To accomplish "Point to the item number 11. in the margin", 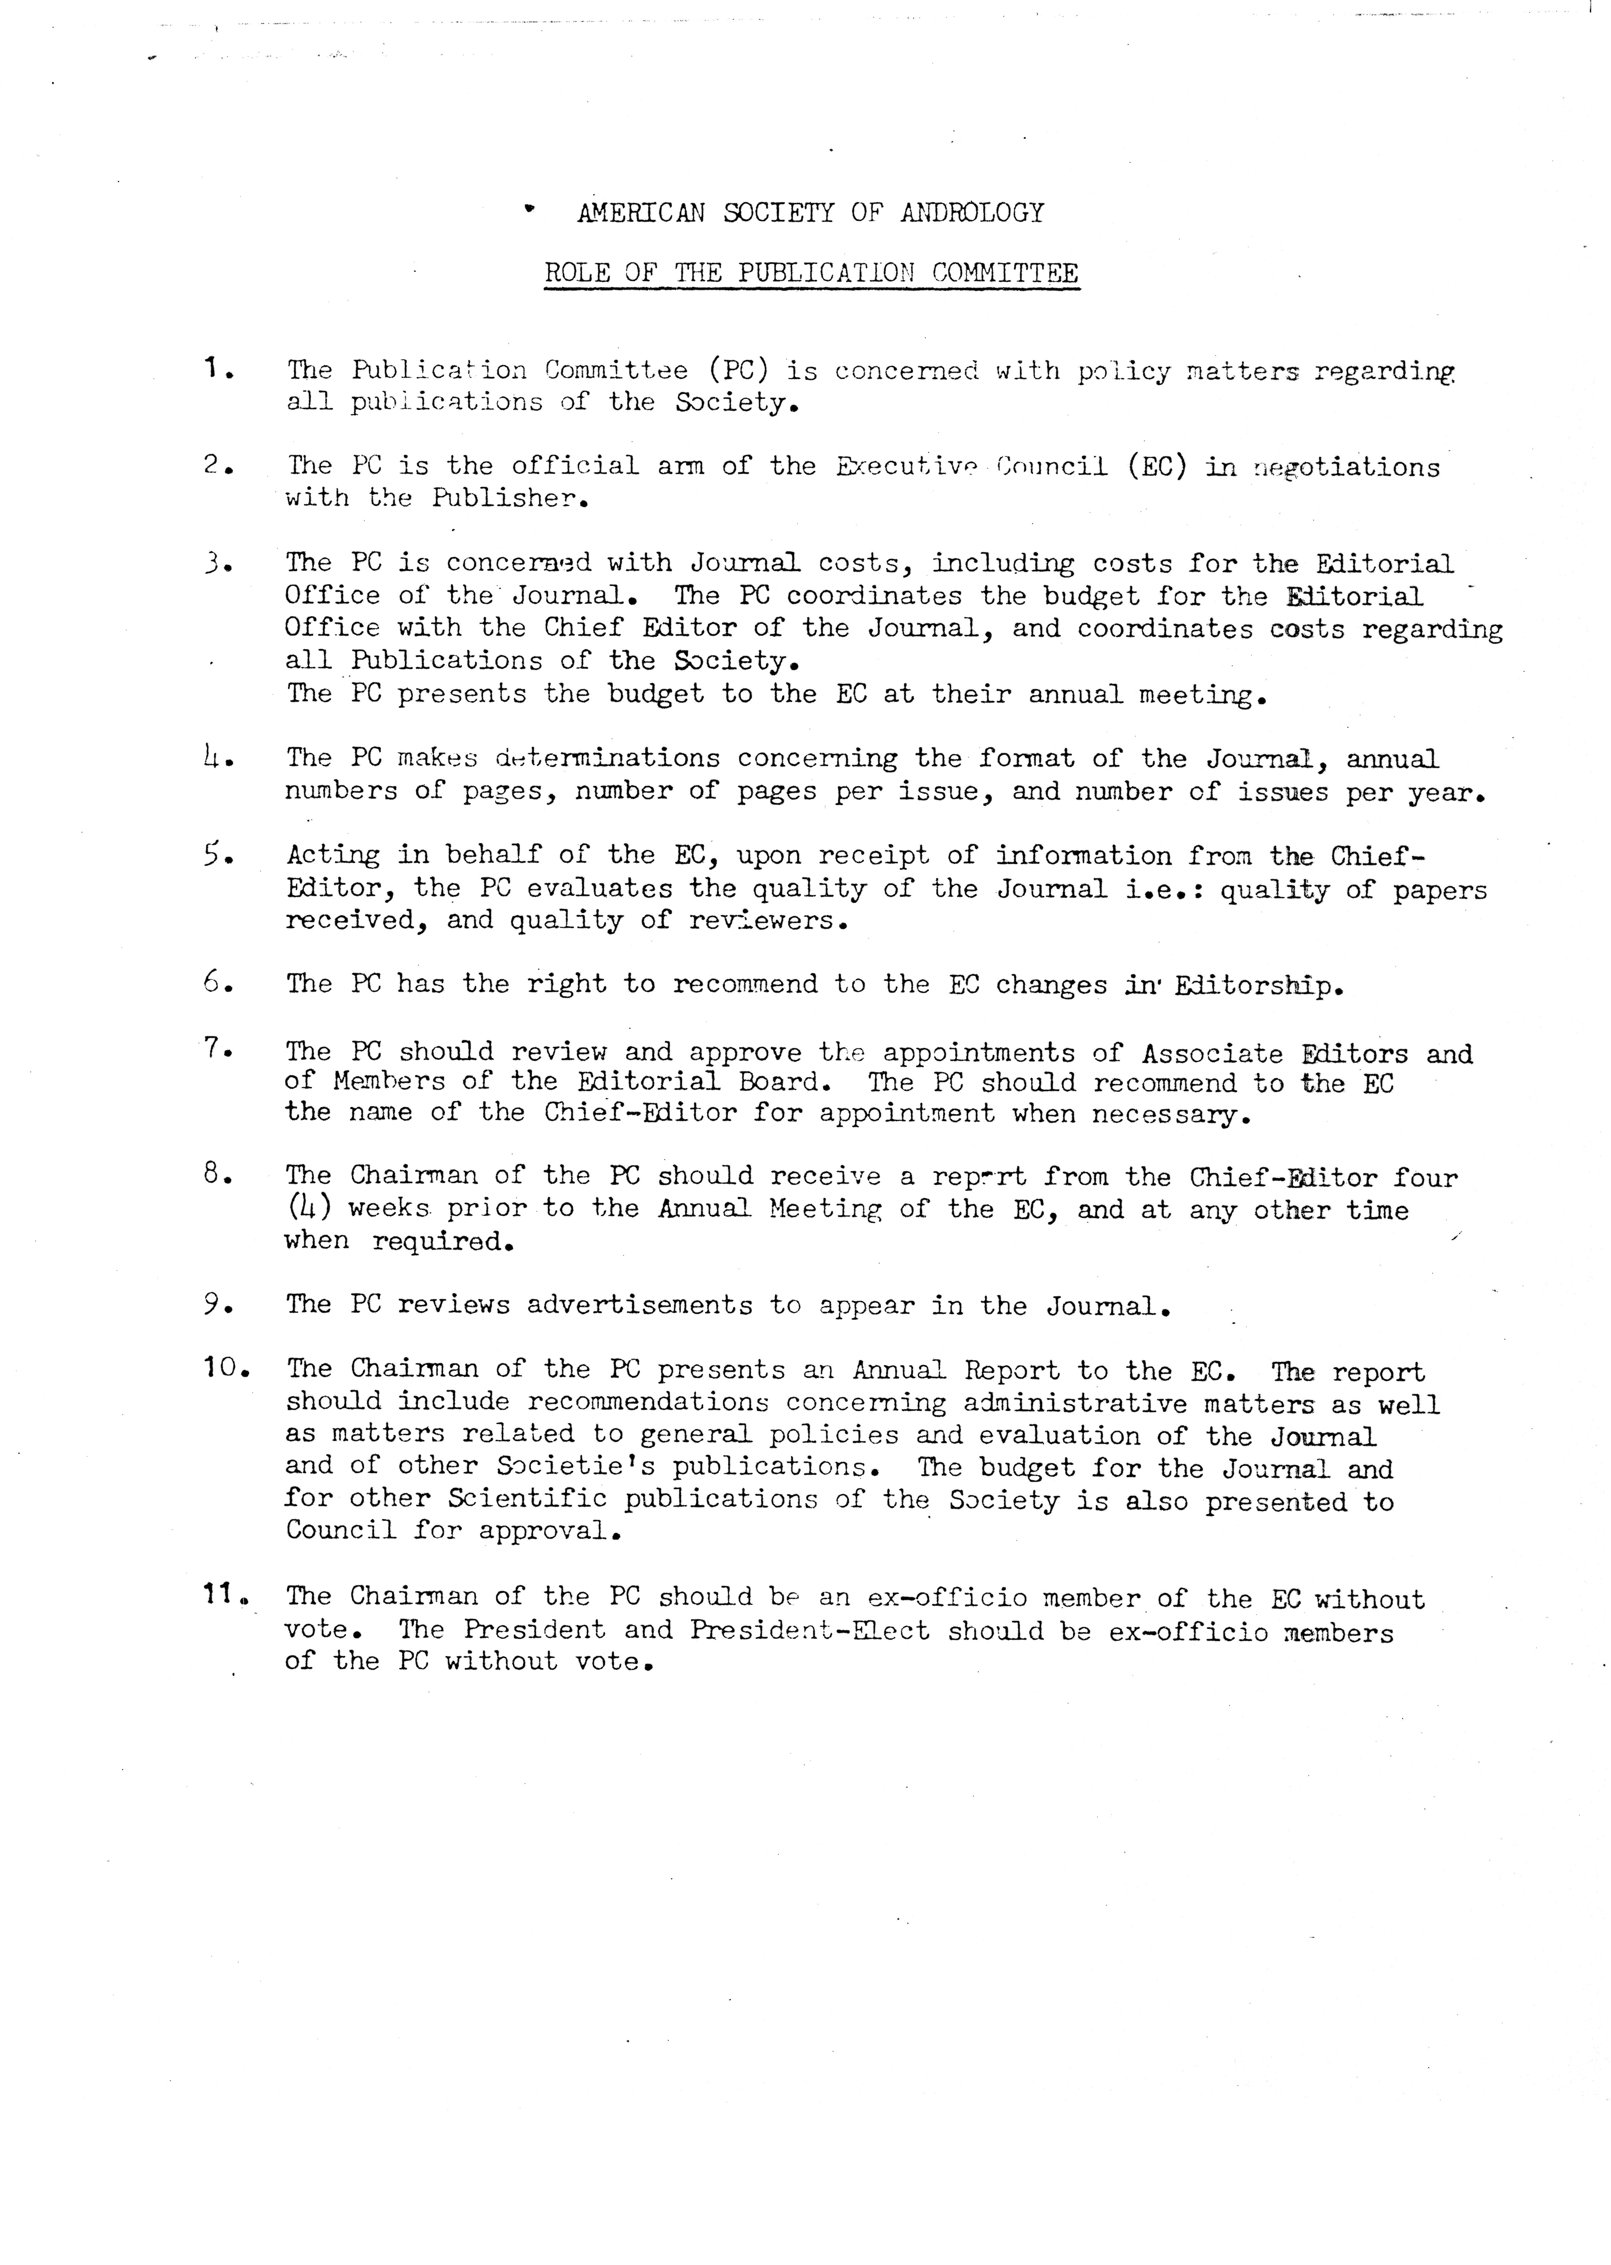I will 225,1596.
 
